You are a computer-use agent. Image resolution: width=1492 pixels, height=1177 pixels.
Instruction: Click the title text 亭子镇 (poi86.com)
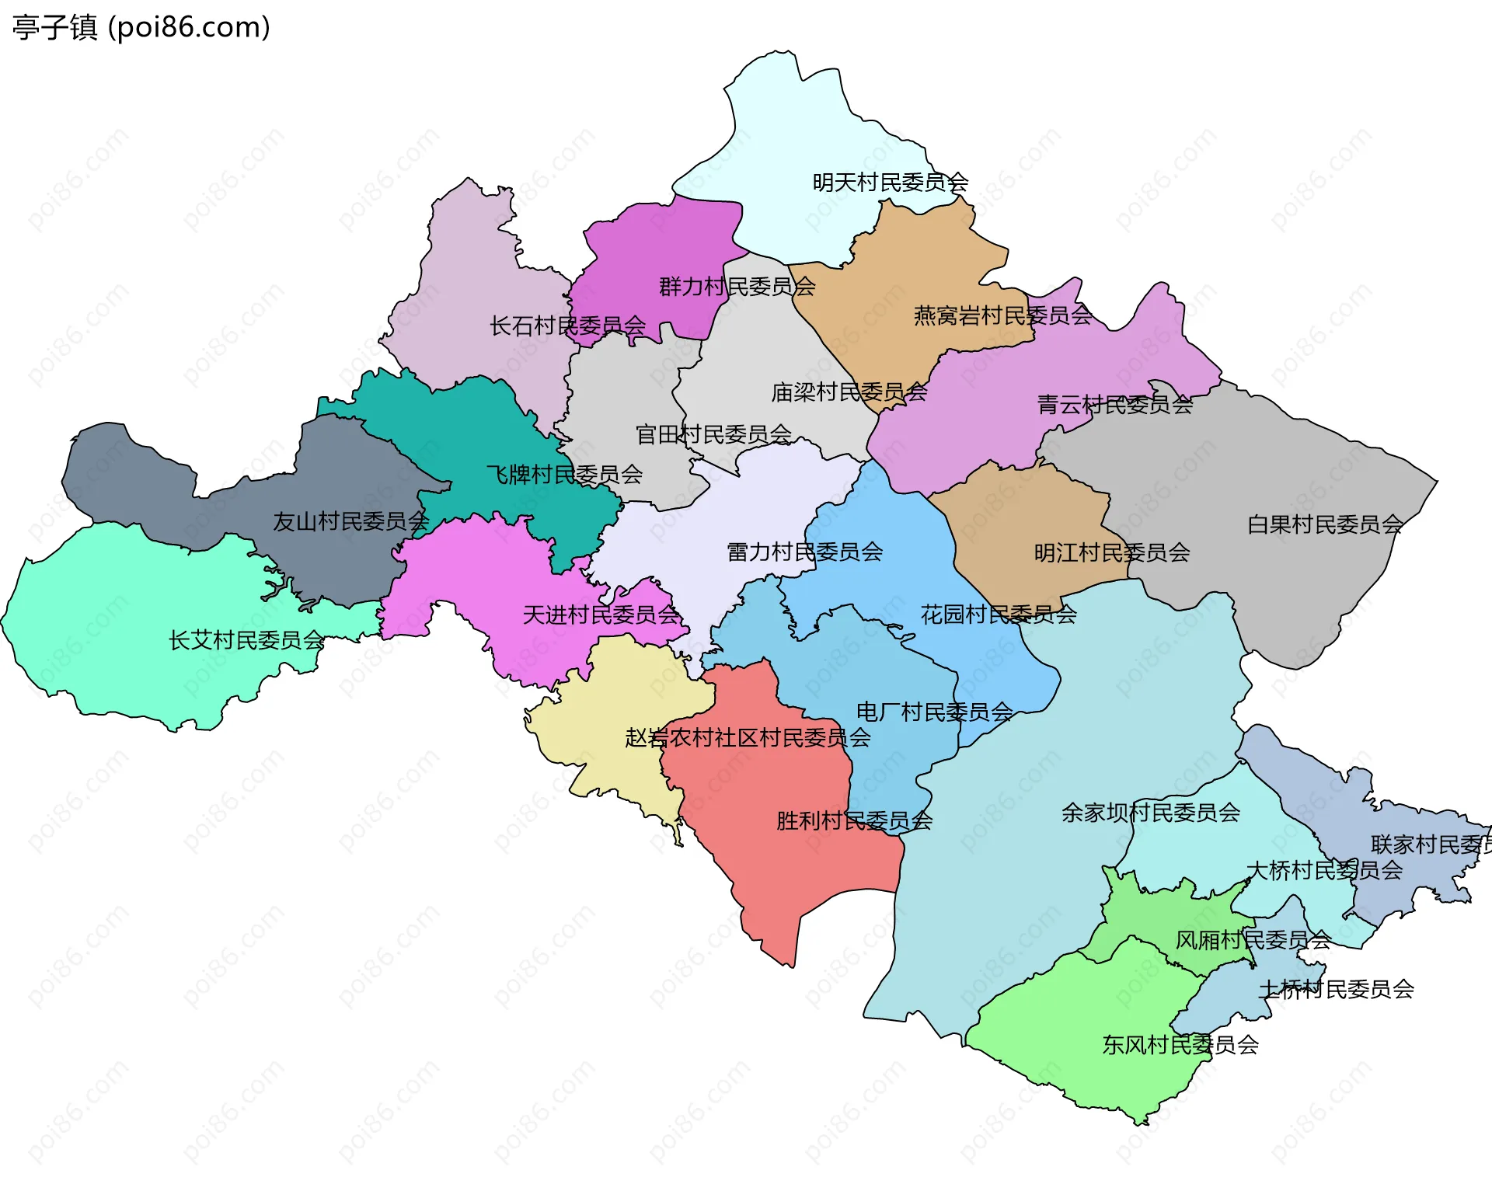click(x=141, y=27)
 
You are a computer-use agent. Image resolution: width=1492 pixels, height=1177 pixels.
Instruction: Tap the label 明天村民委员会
click(x=890, y=183)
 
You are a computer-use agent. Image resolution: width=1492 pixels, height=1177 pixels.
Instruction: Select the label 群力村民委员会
click(x=737, y=287)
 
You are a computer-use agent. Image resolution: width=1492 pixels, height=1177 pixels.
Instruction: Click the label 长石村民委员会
click(x=567, y=326)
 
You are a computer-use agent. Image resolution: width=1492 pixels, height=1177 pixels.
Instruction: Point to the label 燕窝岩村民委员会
click(x=1002, y=315)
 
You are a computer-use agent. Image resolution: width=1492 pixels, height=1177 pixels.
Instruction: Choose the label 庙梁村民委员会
click(x=849, y=392)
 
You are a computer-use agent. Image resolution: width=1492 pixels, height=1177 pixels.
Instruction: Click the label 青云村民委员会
click(x=1114, y=405)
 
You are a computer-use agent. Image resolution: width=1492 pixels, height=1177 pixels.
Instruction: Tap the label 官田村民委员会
click(x=713, y=434)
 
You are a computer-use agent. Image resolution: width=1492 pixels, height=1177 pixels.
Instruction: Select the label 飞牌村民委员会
click(x=564, y=474)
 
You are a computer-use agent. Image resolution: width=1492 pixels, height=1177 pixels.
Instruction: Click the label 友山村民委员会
click(x=350, y=521)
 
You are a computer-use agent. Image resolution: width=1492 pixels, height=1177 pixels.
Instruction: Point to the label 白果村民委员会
click(x=1324, y=524)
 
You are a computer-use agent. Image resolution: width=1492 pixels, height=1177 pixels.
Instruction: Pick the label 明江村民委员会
click(x=1111, y=552)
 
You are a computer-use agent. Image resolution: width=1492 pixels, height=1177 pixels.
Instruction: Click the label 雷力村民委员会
click(x=804, y=552)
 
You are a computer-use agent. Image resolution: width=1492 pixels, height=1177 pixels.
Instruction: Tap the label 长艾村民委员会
click(x=246, y=640)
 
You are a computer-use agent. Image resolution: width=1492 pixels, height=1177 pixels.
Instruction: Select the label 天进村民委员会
click(x=601, y=615)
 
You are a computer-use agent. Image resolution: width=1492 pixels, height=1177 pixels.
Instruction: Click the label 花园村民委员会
click(x=998, y=615)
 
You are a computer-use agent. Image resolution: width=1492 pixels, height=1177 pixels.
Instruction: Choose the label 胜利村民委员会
click(x=854, y=820)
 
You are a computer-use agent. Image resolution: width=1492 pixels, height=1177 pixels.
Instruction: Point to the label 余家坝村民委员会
click(x=1150, y=813)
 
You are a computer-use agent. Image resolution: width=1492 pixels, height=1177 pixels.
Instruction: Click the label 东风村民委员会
click(x=1180, y=1045)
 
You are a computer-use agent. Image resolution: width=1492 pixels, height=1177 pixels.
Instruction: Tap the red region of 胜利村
click(x=769, y=870)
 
